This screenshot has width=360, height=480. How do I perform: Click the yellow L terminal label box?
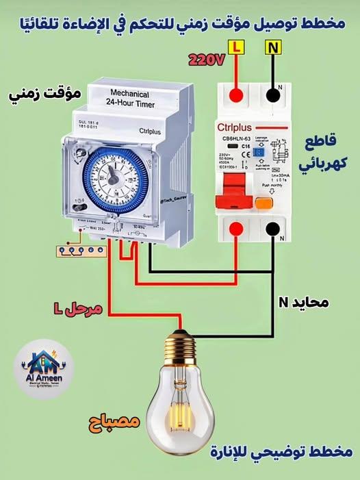(237, 48)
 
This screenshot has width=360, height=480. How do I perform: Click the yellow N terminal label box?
(273, 48)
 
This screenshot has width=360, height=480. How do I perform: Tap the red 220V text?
(207, 62)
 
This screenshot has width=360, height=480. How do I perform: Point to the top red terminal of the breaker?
(237, 94)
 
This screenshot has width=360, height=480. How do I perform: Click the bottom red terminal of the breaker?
(237, 229)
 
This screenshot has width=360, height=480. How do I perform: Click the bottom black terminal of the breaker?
(273, 229)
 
